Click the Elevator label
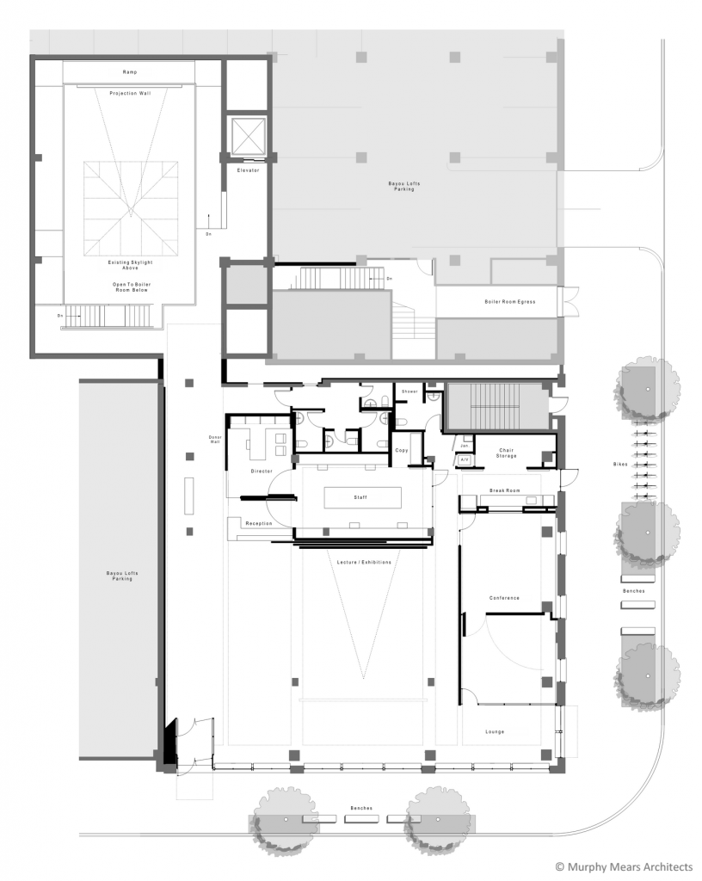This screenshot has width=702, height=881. pos(248,169)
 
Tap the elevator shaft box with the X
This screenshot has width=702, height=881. pos(248,136)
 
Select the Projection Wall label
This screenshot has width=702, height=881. pos(130,93)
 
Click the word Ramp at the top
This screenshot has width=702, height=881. pos(130,72)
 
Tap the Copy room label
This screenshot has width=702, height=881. pos(401,450)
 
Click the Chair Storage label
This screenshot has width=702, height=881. pos(506,451)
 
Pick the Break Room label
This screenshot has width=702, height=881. pos(506,490)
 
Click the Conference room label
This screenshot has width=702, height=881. pos(504,598)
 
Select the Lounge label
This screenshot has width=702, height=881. pos(495,732)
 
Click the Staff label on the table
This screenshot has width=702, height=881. pos(361,497)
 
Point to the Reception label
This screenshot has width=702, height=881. pos(259,523)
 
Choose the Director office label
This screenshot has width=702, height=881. pos(262,471)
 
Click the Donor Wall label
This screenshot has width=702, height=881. pos(216,440)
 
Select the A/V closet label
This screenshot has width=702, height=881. pos(465,460)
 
